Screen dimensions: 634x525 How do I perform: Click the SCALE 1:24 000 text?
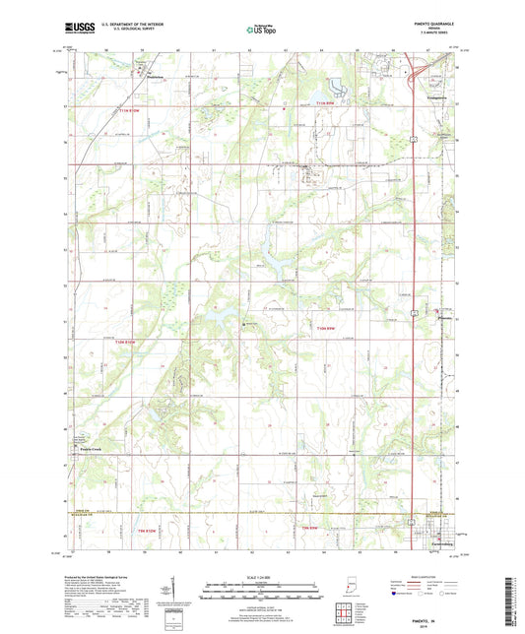(262, 577)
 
